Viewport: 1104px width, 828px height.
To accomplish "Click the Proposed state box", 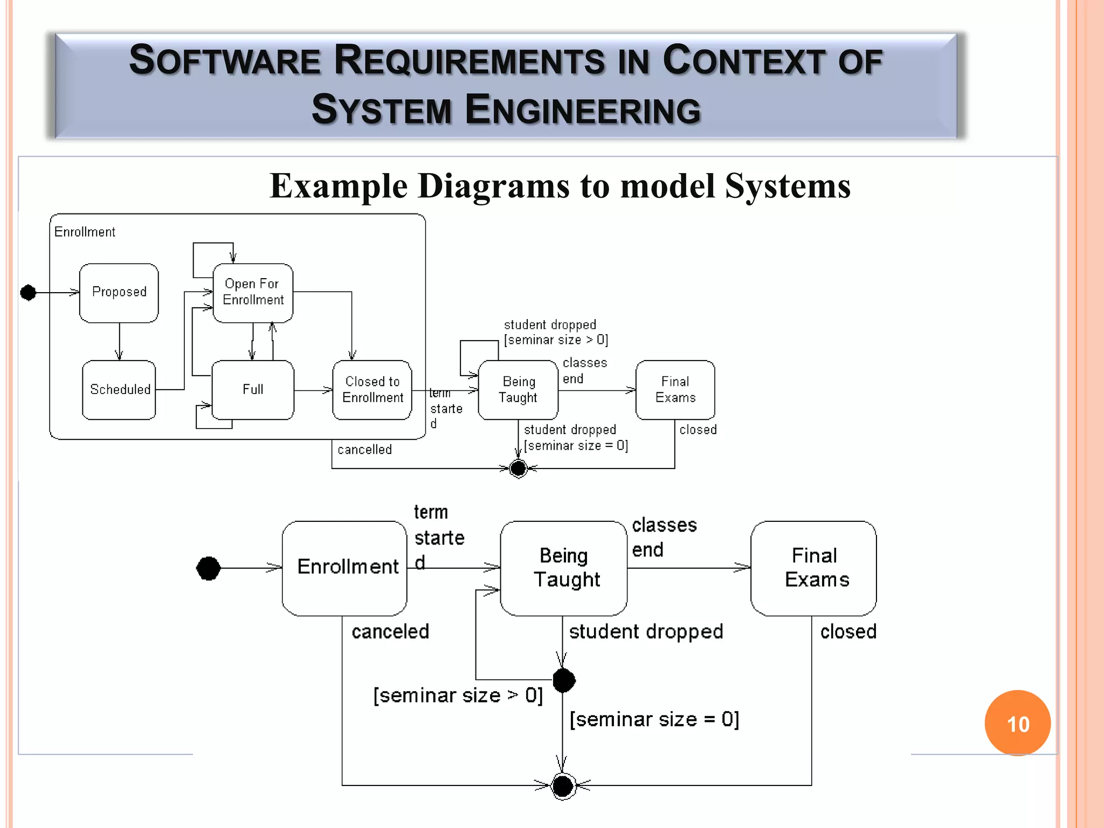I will pos(119,293).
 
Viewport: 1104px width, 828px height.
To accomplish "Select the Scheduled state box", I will pos(119,390).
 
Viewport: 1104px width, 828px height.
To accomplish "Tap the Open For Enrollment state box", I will pos(253,293).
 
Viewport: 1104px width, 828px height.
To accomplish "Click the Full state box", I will pos(253,390).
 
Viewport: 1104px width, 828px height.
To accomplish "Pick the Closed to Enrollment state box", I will pos(372,390).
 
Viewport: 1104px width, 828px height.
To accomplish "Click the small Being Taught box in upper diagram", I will pos(518,390).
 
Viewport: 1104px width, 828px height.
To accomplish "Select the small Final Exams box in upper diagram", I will pos(675,390).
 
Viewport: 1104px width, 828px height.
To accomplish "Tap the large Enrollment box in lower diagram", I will pos(345,568).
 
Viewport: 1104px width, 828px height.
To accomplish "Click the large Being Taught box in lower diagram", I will pos(564,568).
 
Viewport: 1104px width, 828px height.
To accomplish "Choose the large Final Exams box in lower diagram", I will pos(813,568).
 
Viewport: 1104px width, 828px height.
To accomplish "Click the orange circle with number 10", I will pos(1017,723).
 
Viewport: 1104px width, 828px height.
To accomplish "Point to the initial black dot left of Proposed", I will pos(28,293).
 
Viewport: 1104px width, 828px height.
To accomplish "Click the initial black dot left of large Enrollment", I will pos(209,568).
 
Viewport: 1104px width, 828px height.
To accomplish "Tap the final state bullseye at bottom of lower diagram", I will pos(563,786).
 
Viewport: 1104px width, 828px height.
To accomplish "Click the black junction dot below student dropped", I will pos(564,680).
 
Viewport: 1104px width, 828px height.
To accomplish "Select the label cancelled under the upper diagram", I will pos(364,450).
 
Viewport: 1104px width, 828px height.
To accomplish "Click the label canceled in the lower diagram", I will pos(390,631).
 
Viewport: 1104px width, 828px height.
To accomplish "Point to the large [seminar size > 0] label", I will pos(458,695).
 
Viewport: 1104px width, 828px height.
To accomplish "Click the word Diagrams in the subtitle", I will pos(494,186).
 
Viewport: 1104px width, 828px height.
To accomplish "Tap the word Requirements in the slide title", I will pos(470,60).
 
